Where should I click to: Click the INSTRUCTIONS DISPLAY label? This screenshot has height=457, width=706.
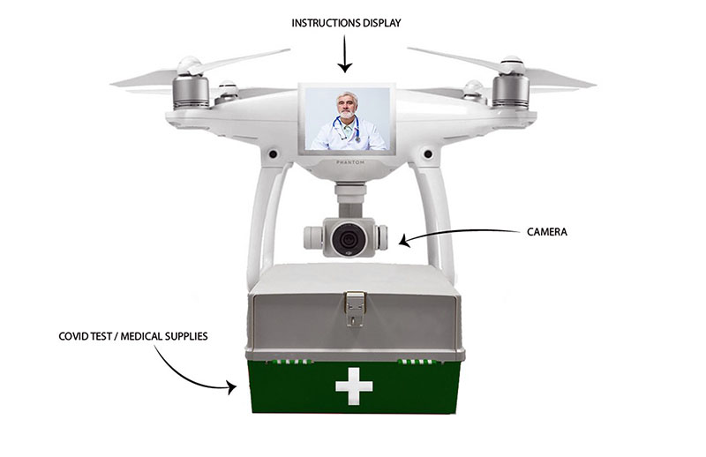click(346, 23)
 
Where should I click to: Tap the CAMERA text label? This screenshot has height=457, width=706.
click(547, 232)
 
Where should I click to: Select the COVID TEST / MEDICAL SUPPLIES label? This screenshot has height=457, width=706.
click(133, 336)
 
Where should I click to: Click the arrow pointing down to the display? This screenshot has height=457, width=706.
click(345, 54)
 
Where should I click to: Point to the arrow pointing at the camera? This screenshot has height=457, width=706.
click(454, 233)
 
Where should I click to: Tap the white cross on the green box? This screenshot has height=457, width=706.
click(354, 386)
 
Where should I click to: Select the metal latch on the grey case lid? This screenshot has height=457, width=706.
click(355, 308)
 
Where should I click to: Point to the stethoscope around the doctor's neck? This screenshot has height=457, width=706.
click(347, 128)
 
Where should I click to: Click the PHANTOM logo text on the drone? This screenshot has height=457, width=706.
click(350, 162)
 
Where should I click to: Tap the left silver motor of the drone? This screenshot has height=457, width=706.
click(191, 92)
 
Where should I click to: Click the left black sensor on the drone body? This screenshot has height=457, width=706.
click(273, 154)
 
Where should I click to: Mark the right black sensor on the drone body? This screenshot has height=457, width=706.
click(428, 154)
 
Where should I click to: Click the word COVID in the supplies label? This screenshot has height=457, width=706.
click(73, 336)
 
